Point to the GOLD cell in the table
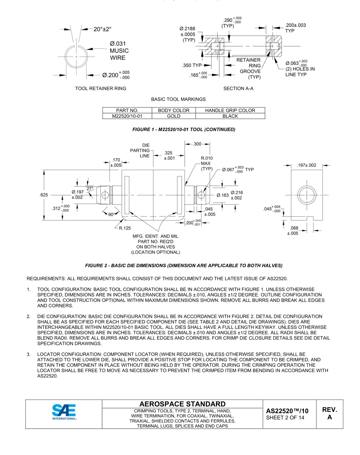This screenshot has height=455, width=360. coord(173,116)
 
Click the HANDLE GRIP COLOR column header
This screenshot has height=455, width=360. coord(230,110)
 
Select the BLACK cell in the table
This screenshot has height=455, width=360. coord(230,116)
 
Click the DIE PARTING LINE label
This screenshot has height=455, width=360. coord(140,150)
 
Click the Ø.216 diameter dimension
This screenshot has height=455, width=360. coord(237,192)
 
